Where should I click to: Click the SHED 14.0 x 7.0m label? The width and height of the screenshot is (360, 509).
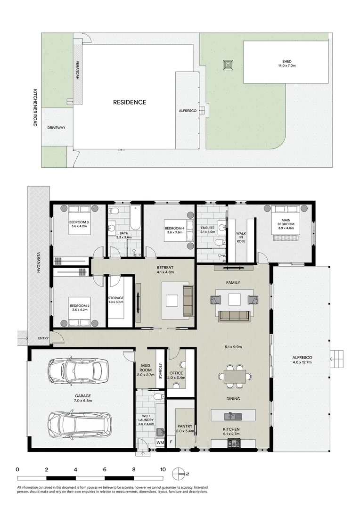(x=286, y=64)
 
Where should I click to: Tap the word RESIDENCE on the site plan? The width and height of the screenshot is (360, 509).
(x=129, y=102)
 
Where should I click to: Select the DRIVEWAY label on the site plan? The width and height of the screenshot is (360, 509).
(x=56, y=128)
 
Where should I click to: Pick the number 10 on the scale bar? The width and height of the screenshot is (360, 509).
(x=163, y=469)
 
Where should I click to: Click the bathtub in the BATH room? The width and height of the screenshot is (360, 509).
(x=135, y=217)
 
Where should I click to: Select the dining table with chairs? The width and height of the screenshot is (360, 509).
(x=234, y=376)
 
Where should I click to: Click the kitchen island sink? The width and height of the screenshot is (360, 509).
(x=231, y=416)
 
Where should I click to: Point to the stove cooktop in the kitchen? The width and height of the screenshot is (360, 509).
(x=234, y=443)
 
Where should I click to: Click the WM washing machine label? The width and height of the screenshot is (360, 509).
(x=160, y=443)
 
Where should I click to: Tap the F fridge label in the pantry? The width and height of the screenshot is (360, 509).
(x=171, y=443)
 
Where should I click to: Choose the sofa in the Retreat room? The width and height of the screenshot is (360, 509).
(x=188, y=301)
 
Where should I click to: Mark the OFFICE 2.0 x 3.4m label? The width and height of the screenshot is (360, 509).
(x=180, y=375)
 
